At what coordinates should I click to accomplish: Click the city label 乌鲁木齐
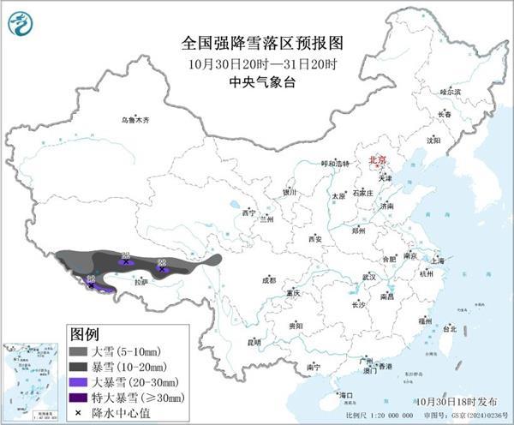click(134, 121)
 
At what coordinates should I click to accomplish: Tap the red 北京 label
click(377, 160)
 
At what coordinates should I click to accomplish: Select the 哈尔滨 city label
click(451, 91)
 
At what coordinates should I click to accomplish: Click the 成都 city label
click(268, 280)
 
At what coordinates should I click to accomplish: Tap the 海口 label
click(345, 395)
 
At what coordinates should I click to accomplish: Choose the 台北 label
click(449, 327)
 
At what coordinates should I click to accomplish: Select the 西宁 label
click(248, 212)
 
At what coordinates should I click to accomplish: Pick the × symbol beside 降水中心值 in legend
click(79, 413)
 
